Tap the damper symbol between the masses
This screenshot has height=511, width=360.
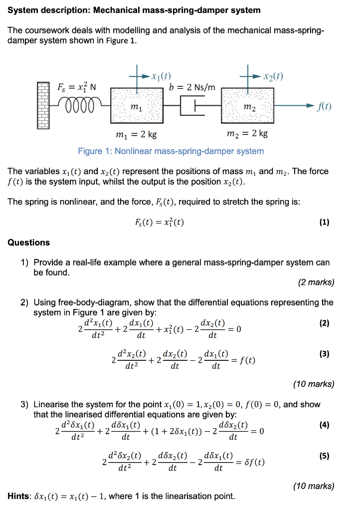[192, 106]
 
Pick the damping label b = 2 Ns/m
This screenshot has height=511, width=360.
[192, 87]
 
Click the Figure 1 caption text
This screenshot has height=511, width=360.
[171, 151]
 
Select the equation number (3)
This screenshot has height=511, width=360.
[325, 354]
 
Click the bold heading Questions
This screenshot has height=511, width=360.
[29, 243]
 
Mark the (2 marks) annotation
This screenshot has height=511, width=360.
[316, 282]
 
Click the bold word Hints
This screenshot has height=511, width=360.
[19, 497]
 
